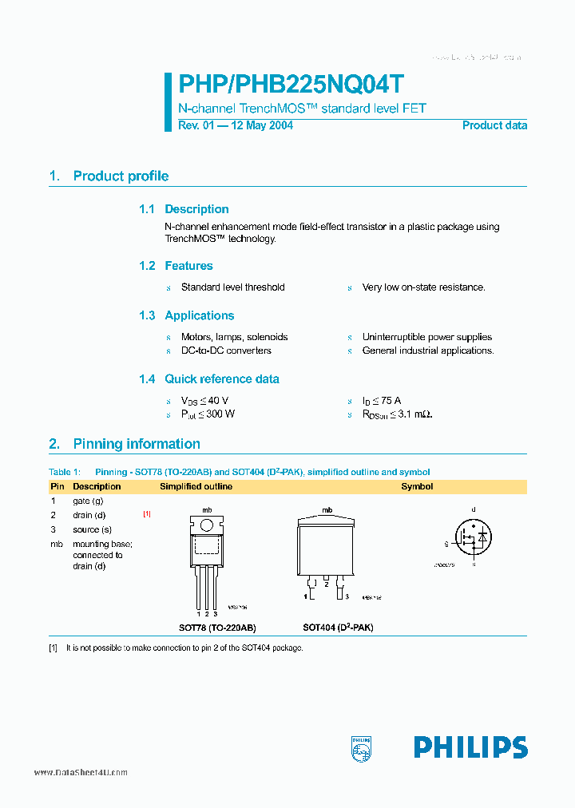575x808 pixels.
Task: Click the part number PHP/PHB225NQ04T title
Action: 291,85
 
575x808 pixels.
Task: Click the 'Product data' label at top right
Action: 494,125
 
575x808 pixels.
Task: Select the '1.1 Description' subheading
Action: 184,209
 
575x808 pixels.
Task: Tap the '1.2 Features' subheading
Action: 176,266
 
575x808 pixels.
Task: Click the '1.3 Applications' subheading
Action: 186,315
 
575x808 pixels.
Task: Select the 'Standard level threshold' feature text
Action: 232,287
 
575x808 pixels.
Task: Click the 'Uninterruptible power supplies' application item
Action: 426,338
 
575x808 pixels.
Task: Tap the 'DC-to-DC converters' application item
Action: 226,351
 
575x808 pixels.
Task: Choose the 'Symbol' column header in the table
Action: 417,486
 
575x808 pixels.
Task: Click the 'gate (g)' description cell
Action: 88,501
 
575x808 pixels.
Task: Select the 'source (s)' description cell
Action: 92,529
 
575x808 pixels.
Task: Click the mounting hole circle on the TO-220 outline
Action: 206,525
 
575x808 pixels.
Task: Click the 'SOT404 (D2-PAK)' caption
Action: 338,628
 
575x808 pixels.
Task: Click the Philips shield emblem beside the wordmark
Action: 362,747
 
